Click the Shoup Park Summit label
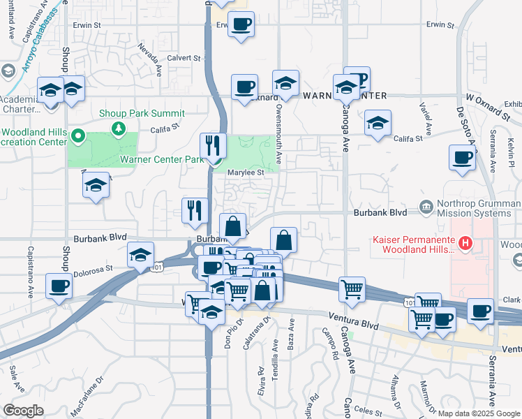(x=142, y=113)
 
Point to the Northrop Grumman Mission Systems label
(x=477, y=207)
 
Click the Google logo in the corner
(x=23, y=411)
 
